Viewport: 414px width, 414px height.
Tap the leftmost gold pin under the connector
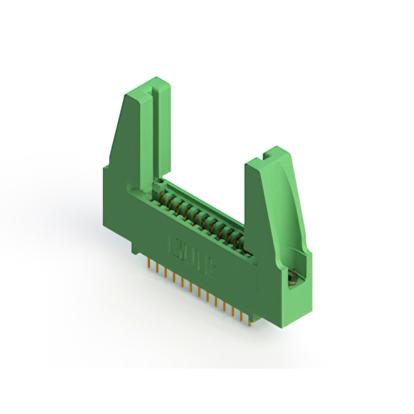(151, 266)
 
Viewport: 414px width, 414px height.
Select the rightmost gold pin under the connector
(248, 316)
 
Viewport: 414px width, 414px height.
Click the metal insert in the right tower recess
(292, 279)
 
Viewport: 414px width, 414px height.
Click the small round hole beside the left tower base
(156, 184)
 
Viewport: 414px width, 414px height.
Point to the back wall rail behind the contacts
(207, 201)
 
